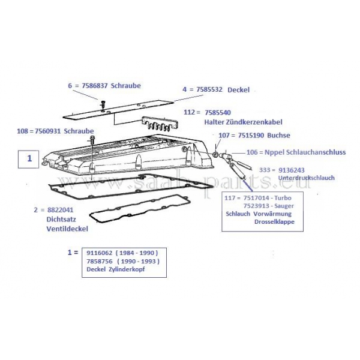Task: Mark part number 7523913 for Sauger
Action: click(x=259, y=206)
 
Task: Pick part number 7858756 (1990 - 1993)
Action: click(x=106, y=262)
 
